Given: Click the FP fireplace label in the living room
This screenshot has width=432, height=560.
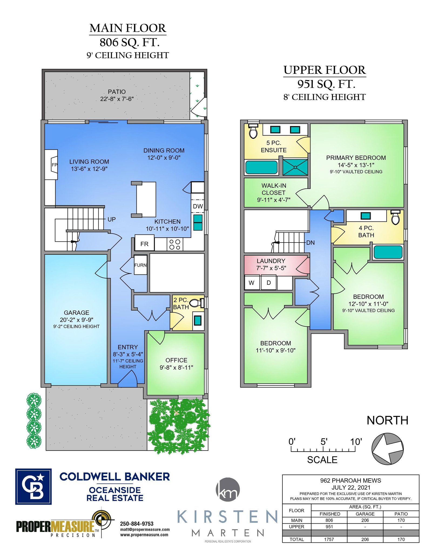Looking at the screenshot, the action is click(55, 165).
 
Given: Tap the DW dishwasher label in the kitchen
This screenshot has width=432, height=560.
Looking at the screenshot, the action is click(198, 206).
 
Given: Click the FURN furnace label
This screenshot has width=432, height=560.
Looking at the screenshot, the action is click(140, 265).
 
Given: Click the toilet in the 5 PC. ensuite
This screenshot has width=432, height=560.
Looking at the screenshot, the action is click(253, 131).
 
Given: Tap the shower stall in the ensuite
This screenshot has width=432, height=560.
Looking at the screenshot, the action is click(295, 167).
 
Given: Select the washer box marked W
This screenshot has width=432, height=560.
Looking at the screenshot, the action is click(252, 283).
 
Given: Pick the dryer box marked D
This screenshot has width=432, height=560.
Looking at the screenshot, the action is click(268, 283).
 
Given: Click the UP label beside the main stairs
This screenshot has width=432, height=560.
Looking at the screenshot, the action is click(112, 219).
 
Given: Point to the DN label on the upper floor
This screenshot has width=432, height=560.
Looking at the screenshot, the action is click(310, 243).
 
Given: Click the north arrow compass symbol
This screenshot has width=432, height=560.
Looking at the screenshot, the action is click(387, 449).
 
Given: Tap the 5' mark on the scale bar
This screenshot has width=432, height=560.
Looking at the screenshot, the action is click(324, 442).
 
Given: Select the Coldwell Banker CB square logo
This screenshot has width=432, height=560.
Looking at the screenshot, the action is click(33, 486).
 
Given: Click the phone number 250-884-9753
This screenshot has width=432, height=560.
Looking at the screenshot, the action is click(137, 524).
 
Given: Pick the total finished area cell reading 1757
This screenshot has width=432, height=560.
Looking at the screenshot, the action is click(329, 539).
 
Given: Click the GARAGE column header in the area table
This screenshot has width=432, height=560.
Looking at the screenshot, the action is click(365, 514).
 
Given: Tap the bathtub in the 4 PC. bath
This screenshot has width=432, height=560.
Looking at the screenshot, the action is click(388, 252).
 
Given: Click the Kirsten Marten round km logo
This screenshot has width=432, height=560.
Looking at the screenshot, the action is click(228, 489).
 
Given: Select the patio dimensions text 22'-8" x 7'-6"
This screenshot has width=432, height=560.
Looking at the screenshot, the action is click(117, 99).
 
